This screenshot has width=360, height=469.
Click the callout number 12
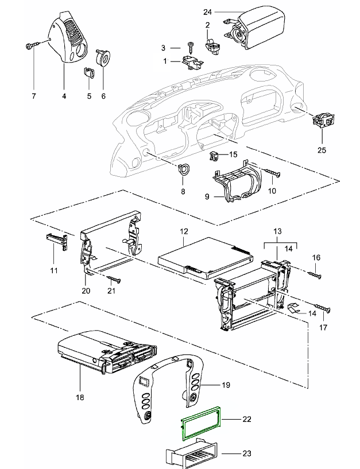pos(184,231)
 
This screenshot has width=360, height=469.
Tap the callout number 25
pos(322,150)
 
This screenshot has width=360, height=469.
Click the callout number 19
pos(226,384)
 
